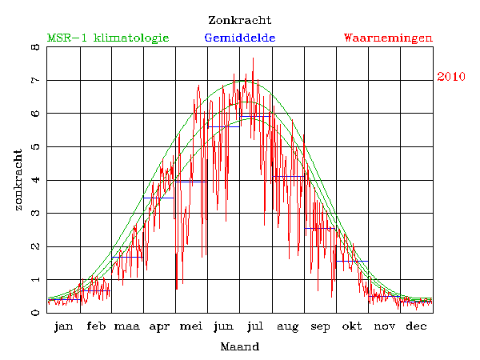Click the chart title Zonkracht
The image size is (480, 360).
point(239,20)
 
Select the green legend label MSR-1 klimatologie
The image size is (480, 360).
point(108,38)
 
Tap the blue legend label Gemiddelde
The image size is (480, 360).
point(240,38)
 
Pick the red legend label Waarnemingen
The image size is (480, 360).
point(388,38)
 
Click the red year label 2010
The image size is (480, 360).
point(452,77)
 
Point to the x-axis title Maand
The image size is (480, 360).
point(239,347)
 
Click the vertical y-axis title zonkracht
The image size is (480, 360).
point(18,179)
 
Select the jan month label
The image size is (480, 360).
point(64,326)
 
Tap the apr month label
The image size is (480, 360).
point(160,326)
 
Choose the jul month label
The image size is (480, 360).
point(256,326)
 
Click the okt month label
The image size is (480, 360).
point(352,326)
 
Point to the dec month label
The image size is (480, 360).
point(416,326)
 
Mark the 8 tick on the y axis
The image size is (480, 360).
point(35,47)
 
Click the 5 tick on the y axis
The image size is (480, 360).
point(35,147)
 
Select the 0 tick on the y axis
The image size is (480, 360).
point(35,313)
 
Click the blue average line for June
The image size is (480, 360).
point(224,126)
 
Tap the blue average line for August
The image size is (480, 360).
point(288,176)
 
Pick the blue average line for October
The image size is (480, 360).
point(352,261)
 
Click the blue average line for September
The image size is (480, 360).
point(320,228)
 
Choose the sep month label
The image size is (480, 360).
point(320,326)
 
